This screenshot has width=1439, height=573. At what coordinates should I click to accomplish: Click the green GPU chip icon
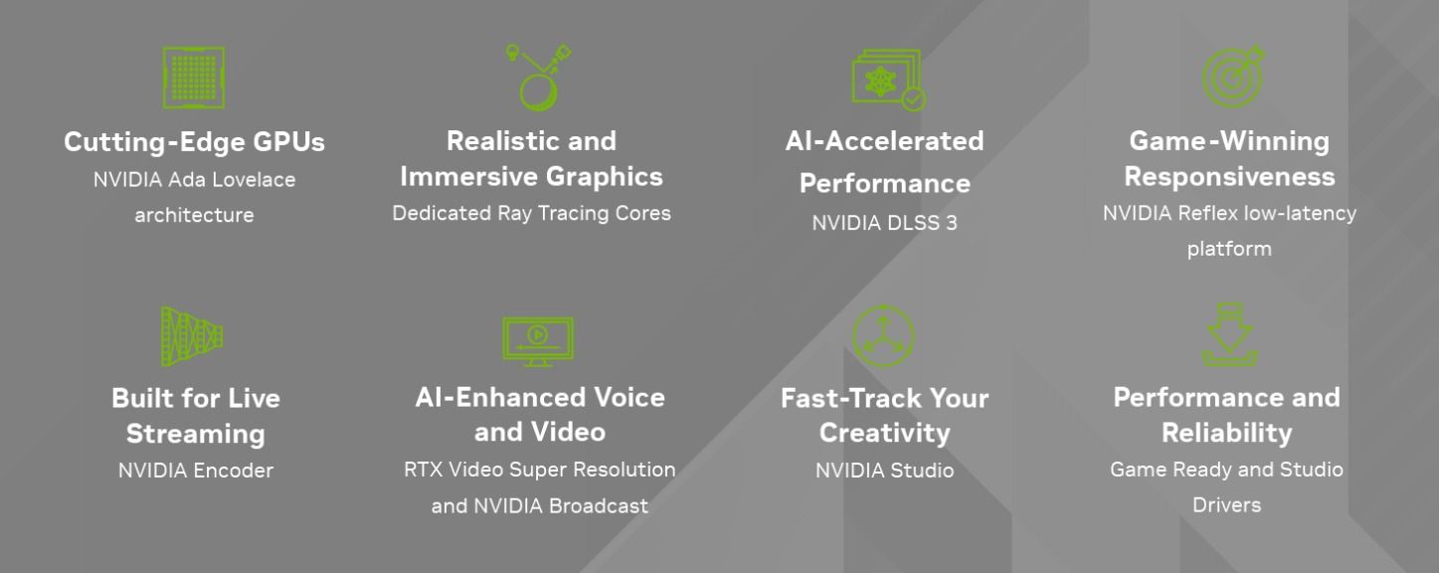(194, 78)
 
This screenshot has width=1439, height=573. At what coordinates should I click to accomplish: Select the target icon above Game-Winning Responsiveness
(1233, 77)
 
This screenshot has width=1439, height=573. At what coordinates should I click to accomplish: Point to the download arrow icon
(1229, 335)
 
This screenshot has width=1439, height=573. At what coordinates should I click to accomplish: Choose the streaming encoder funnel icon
(192, 336)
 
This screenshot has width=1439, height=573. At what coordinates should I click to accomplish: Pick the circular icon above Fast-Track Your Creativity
(884, 336)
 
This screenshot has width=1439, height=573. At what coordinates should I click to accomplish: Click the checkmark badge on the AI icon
(914, 99)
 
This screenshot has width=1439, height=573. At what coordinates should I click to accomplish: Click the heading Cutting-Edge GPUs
(194, 142)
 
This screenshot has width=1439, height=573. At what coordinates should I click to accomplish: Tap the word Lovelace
(254, 180)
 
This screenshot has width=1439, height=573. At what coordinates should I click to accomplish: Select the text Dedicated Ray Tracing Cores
(531, 213)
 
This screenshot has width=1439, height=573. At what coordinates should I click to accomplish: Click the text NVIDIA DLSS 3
(885, 223)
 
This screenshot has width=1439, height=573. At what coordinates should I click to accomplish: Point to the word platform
(1229, 250)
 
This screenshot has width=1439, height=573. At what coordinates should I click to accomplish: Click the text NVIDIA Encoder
(196, 471)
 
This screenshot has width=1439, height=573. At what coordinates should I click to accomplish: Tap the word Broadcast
(598, 506)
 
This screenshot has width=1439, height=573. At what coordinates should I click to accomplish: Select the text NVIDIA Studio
(885, 471)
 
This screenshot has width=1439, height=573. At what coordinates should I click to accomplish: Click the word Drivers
(1227, 505)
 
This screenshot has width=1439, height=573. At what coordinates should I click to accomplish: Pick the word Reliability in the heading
(1227, 434)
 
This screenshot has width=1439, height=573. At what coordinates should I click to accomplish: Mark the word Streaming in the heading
(196, 435)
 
